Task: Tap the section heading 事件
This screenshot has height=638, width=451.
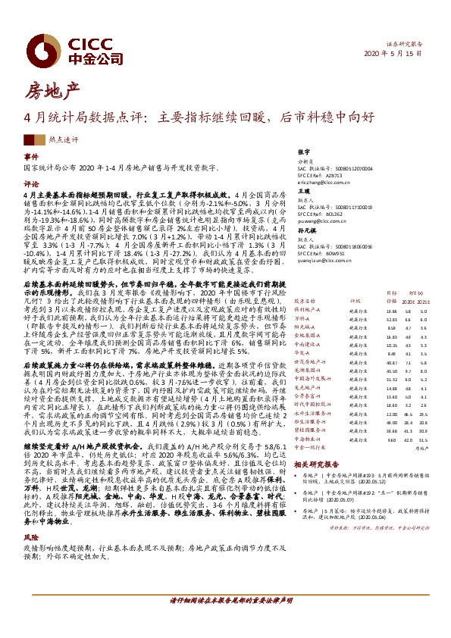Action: coord(31,157)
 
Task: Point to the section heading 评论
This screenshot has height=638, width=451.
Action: coord(31,184)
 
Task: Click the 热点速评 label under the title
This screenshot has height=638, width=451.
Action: coord(53,139)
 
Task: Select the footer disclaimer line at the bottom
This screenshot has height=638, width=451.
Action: coord(225,621)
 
